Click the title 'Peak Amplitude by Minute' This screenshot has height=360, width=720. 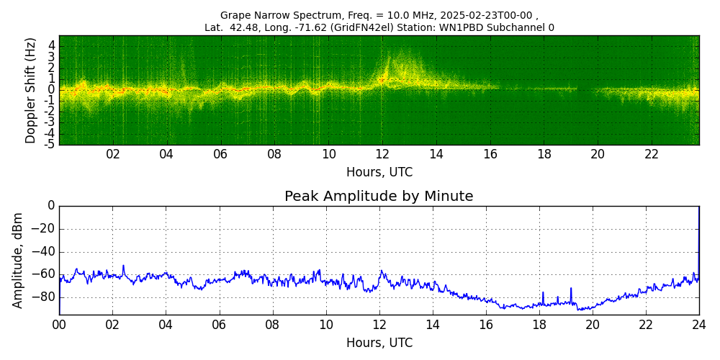[x=379, y=197]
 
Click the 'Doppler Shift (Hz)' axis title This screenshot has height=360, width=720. [x=31, y=90]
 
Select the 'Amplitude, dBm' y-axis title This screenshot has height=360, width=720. [x=19, y=260]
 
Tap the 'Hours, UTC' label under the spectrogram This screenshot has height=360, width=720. [x=379, y=173]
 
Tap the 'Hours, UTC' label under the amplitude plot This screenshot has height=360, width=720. [x=379, y=343]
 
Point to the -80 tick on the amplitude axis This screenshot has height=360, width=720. [x=42, y=297]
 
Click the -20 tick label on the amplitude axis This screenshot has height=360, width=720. [x=42, y=229]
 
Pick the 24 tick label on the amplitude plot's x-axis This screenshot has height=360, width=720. [x=699, y=325]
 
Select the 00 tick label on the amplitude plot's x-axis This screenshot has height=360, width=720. [x=59, y=325]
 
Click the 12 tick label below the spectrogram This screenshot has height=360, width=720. [x=382, y=155]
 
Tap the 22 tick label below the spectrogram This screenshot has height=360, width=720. [x=652, y=155]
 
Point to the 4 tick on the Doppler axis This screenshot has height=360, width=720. [x=51, y=45]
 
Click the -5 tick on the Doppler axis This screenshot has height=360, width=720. [x=49, y=144]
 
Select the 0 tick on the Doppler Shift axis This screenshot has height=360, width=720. [x=51, y=89]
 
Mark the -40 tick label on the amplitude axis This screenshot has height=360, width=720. [x=42, y=251]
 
